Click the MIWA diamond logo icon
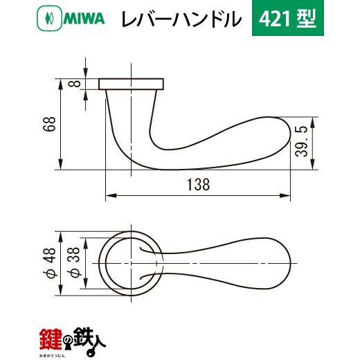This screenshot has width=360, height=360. (x=49, y=18)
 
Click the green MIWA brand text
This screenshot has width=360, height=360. (x=84, y=19)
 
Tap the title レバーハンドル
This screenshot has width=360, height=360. (x=181, y=19)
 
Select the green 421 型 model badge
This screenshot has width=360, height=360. (x=288, y=18)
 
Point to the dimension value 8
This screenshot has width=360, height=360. (x=74, y=84)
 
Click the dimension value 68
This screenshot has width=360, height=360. (x=49, y=124)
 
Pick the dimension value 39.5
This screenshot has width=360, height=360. (x=301, y=141)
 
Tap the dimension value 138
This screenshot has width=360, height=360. (x=199, y=185)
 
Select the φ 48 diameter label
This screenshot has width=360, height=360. (x=49, y=262)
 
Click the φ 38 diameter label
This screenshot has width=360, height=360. (x=74, y=262)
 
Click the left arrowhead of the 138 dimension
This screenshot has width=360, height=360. (x=111, y=196)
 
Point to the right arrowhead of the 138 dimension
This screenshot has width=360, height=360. (x=285, y=196)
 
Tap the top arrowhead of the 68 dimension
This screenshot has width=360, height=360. (x=61, y=84)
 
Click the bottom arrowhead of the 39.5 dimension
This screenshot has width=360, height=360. (x=313, y=164)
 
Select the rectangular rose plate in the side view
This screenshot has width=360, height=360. (x=132, y=84)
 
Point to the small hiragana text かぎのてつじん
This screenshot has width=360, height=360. (x=53, y=356)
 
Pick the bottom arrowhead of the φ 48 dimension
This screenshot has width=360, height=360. (x=61, y=290)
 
